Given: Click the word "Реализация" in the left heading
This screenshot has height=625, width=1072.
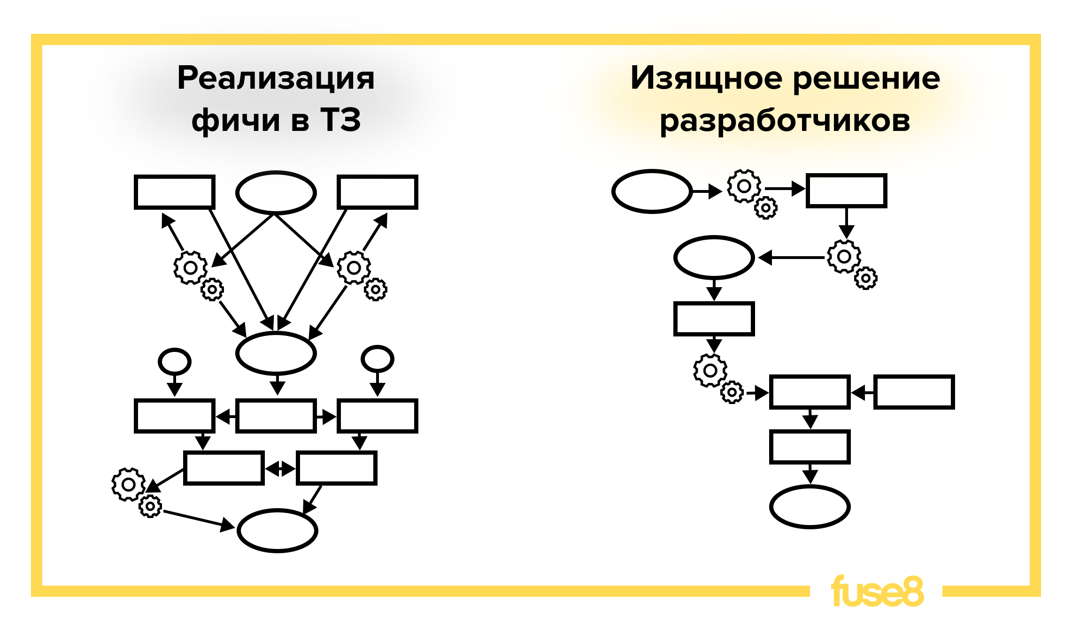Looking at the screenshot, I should (x=276, y=78).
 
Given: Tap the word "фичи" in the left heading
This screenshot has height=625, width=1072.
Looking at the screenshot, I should (x=236, y=120).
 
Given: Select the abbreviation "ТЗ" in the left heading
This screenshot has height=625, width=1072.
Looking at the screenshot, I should (x=340, y=120).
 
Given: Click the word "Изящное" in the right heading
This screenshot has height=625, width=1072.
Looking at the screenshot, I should (x=706, y=78).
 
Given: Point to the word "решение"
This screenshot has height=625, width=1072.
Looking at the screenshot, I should (x=866, y=78).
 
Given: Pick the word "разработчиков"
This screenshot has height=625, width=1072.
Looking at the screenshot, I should (x=785, y=121).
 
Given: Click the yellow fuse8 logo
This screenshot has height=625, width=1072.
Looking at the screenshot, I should (x=877, y=591).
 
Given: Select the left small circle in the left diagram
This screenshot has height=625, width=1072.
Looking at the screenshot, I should (x=175, y=361).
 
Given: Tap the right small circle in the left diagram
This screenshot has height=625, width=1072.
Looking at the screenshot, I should (x=377, y=359).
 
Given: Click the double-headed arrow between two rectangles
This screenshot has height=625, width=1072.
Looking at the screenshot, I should (x=280, y=468).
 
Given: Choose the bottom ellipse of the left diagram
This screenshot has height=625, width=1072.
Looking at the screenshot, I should (x=278, y=531).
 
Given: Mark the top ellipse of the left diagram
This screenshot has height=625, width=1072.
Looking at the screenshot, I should (x=276, y=192).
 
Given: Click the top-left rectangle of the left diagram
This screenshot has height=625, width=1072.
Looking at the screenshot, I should (x=175, y=192).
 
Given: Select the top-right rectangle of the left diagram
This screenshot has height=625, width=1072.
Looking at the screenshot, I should (x=378, y=192).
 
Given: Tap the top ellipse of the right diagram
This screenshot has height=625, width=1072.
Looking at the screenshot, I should (x=652, y=191).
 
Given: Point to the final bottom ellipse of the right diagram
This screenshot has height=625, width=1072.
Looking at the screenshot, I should (x=810, y=507).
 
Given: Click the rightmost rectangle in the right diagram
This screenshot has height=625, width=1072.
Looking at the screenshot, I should (x=914, y=392).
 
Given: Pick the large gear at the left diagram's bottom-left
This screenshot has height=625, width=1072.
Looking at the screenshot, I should (x=128, y=484).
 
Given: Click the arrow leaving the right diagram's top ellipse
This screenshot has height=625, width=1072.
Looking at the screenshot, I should (x=707, y=191).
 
